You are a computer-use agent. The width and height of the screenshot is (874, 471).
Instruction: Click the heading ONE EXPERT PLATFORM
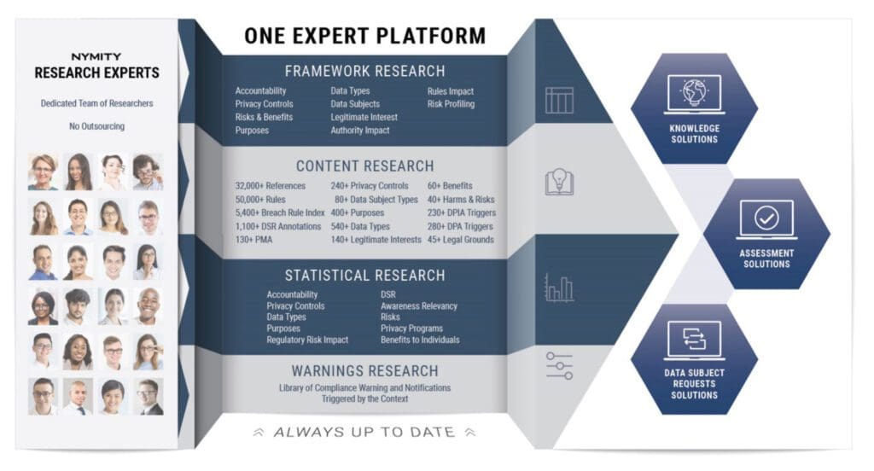365,36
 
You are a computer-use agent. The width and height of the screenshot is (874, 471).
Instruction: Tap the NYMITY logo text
96,57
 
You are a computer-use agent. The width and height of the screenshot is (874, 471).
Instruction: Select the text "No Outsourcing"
97,126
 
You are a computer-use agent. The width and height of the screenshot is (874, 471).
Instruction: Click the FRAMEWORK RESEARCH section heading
365,72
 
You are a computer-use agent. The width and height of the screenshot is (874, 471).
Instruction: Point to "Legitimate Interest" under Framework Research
364,117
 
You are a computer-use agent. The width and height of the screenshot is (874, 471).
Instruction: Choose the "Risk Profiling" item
451,104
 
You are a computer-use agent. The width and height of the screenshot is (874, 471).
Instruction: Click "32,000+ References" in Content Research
271,186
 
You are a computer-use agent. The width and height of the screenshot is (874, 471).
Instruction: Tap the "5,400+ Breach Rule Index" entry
280,212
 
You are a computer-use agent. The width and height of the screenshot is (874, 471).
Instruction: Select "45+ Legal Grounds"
460,240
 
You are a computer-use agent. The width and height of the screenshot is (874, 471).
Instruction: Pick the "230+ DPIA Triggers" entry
462,212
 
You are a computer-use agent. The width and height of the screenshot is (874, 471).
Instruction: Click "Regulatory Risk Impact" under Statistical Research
307,340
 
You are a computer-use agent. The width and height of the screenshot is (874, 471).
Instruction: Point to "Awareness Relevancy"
418,306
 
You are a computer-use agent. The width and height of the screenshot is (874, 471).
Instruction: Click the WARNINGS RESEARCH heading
365,370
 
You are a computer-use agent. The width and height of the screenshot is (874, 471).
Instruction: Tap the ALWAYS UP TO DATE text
364,432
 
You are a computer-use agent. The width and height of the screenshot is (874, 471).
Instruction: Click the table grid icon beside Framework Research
559,100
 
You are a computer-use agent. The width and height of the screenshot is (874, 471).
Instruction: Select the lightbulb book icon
559,182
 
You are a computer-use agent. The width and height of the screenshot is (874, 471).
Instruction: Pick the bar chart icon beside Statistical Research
559,288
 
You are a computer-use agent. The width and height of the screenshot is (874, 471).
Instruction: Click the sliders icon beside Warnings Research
559,366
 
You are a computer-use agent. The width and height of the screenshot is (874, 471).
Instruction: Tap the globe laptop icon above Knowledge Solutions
694,94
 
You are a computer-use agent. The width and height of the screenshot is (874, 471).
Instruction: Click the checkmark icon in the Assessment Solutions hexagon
766,218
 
